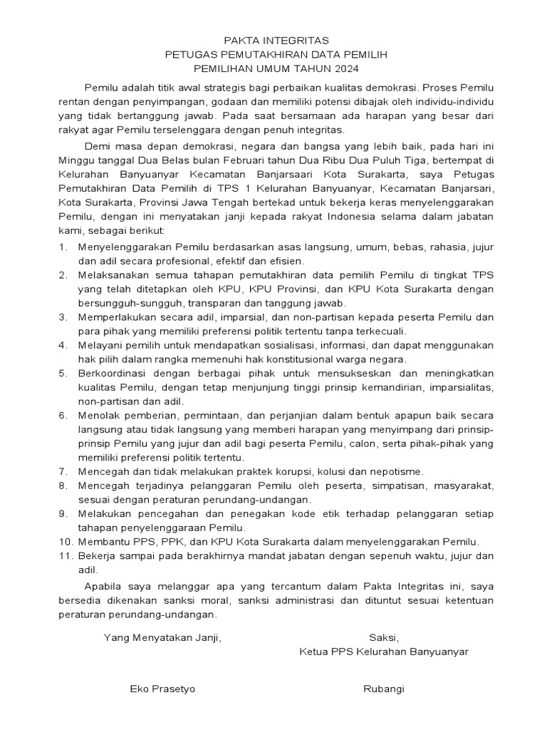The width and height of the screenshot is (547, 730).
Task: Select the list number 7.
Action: (63, 471)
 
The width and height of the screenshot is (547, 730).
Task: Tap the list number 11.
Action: (65, 556)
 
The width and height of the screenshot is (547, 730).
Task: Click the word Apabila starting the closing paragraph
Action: (103, 586)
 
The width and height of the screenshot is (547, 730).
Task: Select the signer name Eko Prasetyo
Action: (162, 689)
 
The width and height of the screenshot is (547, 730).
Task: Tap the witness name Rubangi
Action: (384, 689)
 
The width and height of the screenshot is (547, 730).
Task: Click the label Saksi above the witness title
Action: (384, 637)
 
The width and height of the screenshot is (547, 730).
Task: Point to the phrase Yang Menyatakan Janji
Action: (163, 637)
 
